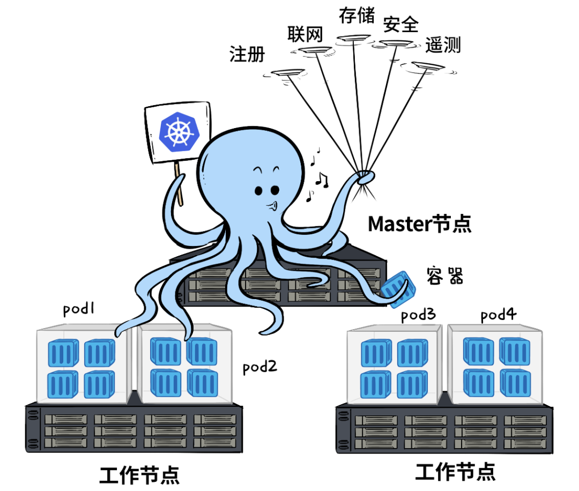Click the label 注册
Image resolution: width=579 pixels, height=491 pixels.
(x=247, y=54)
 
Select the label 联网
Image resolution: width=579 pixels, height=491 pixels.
(x=305, y=34)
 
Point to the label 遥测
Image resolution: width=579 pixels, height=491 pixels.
(x=443, y=45)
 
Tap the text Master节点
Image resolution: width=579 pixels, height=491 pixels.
(x=420, y=224)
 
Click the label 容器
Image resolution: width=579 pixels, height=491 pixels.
(x=444, y=276)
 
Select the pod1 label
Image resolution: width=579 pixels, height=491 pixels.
(x=79, y=309)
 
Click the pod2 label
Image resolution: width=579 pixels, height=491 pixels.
(x=260, y=367)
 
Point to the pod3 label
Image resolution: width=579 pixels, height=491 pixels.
(x=418, y=315)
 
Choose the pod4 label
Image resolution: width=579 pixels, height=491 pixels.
(x=498, y=315)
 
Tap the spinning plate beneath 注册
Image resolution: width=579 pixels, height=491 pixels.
(x=288, y=72)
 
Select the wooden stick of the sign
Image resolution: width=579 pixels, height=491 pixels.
(x=179, y=185)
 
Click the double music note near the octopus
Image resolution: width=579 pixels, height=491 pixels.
(x=321, y=179)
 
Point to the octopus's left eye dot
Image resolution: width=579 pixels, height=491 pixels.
(x=259, y=191)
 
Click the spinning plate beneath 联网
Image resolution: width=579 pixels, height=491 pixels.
(x=314, y=50)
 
